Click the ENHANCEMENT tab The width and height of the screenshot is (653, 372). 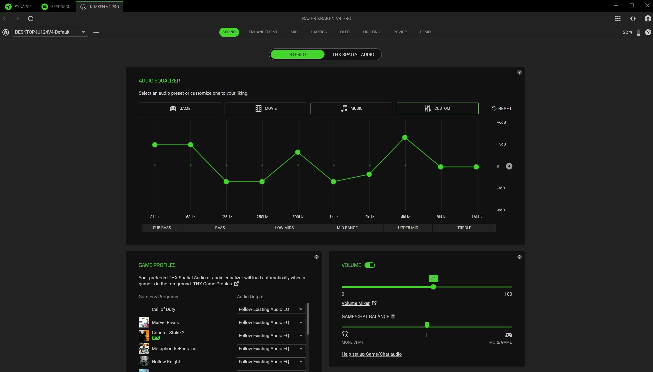263,32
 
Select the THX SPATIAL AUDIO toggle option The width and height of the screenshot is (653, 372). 353,54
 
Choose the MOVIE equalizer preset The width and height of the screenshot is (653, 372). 266,108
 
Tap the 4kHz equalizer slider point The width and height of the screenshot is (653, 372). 405,137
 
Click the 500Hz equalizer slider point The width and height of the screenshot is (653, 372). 297,152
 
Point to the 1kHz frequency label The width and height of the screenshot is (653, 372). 333,217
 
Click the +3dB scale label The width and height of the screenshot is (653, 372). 501,144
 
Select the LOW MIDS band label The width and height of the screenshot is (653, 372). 284,228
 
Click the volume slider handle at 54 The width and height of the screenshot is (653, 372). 433,287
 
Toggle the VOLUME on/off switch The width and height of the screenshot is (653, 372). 369,265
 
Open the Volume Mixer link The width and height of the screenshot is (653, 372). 355,303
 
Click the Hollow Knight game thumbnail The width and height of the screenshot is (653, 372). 144,362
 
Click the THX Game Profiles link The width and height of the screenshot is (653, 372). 212,284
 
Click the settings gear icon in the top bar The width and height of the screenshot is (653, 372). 632,18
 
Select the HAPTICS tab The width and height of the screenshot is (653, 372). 318,32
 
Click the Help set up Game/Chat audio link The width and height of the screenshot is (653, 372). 371,354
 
